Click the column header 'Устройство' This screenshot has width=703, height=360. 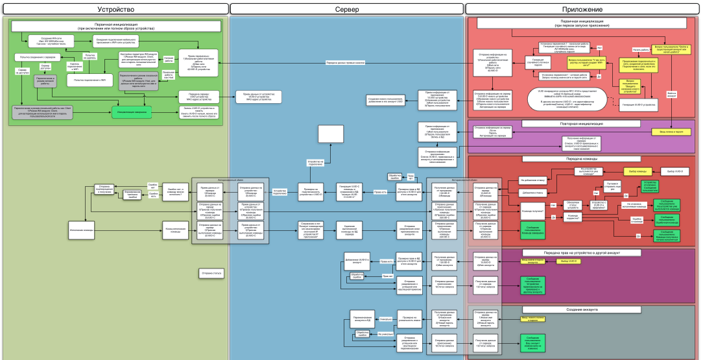point(115,9)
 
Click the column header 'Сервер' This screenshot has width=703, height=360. point(347,9)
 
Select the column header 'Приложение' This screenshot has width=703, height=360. point(582,9)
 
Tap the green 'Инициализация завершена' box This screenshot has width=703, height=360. point(132,112)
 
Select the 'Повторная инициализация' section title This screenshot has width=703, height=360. point(582,123)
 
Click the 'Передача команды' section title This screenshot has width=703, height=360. point(582,159)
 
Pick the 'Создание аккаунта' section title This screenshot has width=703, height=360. point(582,309)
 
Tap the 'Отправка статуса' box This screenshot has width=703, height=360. point(212,274)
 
